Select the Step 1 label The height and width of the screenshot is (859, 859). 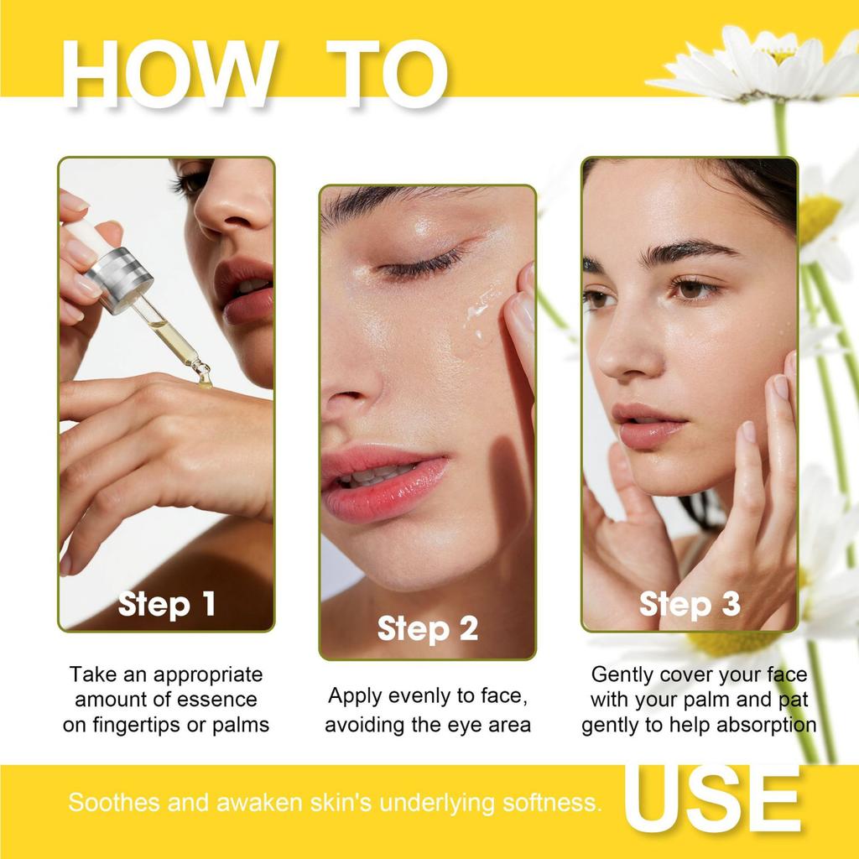click(x=166, y=604)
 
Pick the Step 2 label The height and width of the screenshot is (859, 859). click(x=427, y=628)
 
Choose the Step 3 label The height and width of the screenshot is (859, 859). click(x=690, y=604)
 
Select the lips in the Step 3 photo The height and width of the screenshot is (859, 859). click(x=648, y=424)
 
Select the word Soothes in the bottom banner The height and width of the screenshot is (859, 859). click(x=114, y=803)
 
